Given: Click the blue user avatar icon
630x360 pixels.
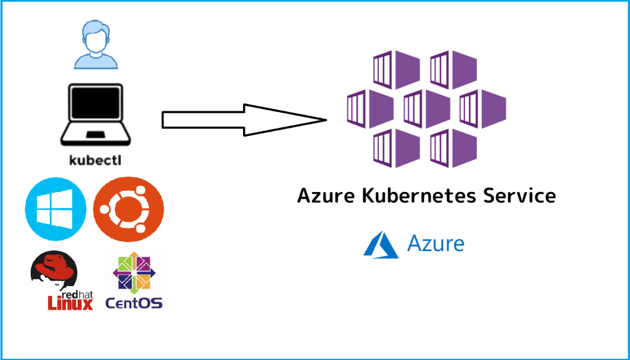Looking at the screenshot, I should click(95, 44).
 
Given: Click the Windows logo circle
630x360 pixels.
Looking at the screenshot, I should click(56, 209).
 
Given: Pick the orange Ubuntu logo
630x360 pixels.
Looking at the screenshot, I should click(128, 209).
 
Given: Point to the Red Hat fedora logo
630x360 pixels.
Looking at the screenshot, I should click(55, 271).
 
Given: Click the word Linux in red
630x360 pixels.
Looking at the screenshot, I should click(70, 302).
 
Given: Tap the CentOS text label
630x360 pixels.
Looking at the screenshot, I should click(134, 303).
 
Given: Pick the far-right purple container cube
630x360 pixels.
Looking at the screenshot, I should click(483, 109).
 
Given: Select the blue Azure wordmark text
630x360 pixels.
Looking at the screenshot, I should click(436, 244).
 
